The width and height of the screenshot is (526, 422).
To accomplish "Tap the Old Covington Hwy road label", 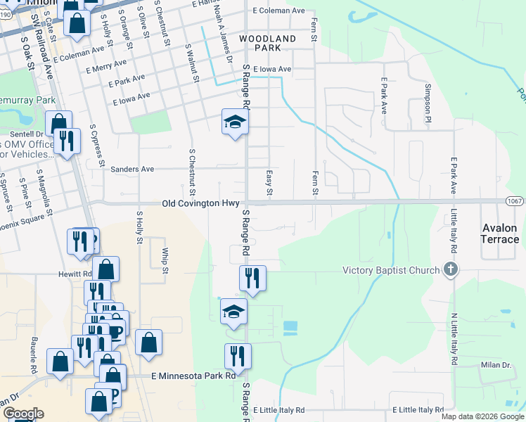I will pyautogui.click(x=202, y=203).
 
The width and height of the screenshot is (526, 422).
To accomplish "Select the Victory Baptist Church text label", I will pyautogui.click(x=391, y=270).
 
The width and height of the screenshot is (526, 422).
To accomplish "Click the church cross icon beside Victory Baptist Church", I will pyautogui.click(x=451, y=270).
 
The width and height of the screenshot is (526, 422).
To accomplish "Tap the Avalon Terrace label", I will pyautogui.click(x=500, y=234).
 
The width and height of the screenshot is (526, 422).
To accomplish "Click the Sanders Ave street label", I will pyautogui.click(x=131, y=169).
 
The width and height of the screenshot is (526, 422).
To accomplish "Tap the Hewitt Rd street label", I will pyautogui.click(x=77, y=274).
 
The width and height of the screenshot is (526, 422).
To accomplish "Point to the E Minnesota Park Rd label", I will pyautogui.click(x=193, y=376).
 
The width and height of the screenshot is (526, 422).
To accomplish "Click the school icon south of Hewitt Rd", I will pyautogui.click(x=233, y=312).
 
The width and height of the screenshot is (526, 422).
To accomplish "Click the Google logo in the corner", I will pyautogui.click(x=23, y=414).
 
